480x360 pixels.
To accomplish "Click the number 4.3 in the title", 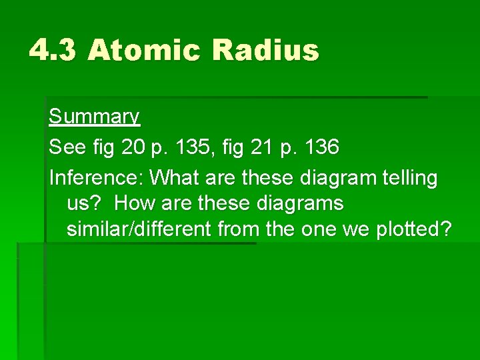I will click(x=53, y=51).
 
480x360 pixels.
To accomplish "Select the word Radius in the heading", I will click(x=266, y=51).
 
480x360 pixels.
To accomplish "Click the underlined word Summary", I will click(x=94, y=117).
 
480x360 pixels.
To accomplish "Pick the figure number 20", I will click(x=134, y=147).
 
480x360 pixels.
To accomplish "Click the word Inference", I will click(x=96, y=178).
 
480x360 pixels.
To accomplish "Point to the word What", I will click(x=172, y=178).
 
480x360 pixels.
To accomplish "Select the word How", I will click(x=131, y=203).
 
